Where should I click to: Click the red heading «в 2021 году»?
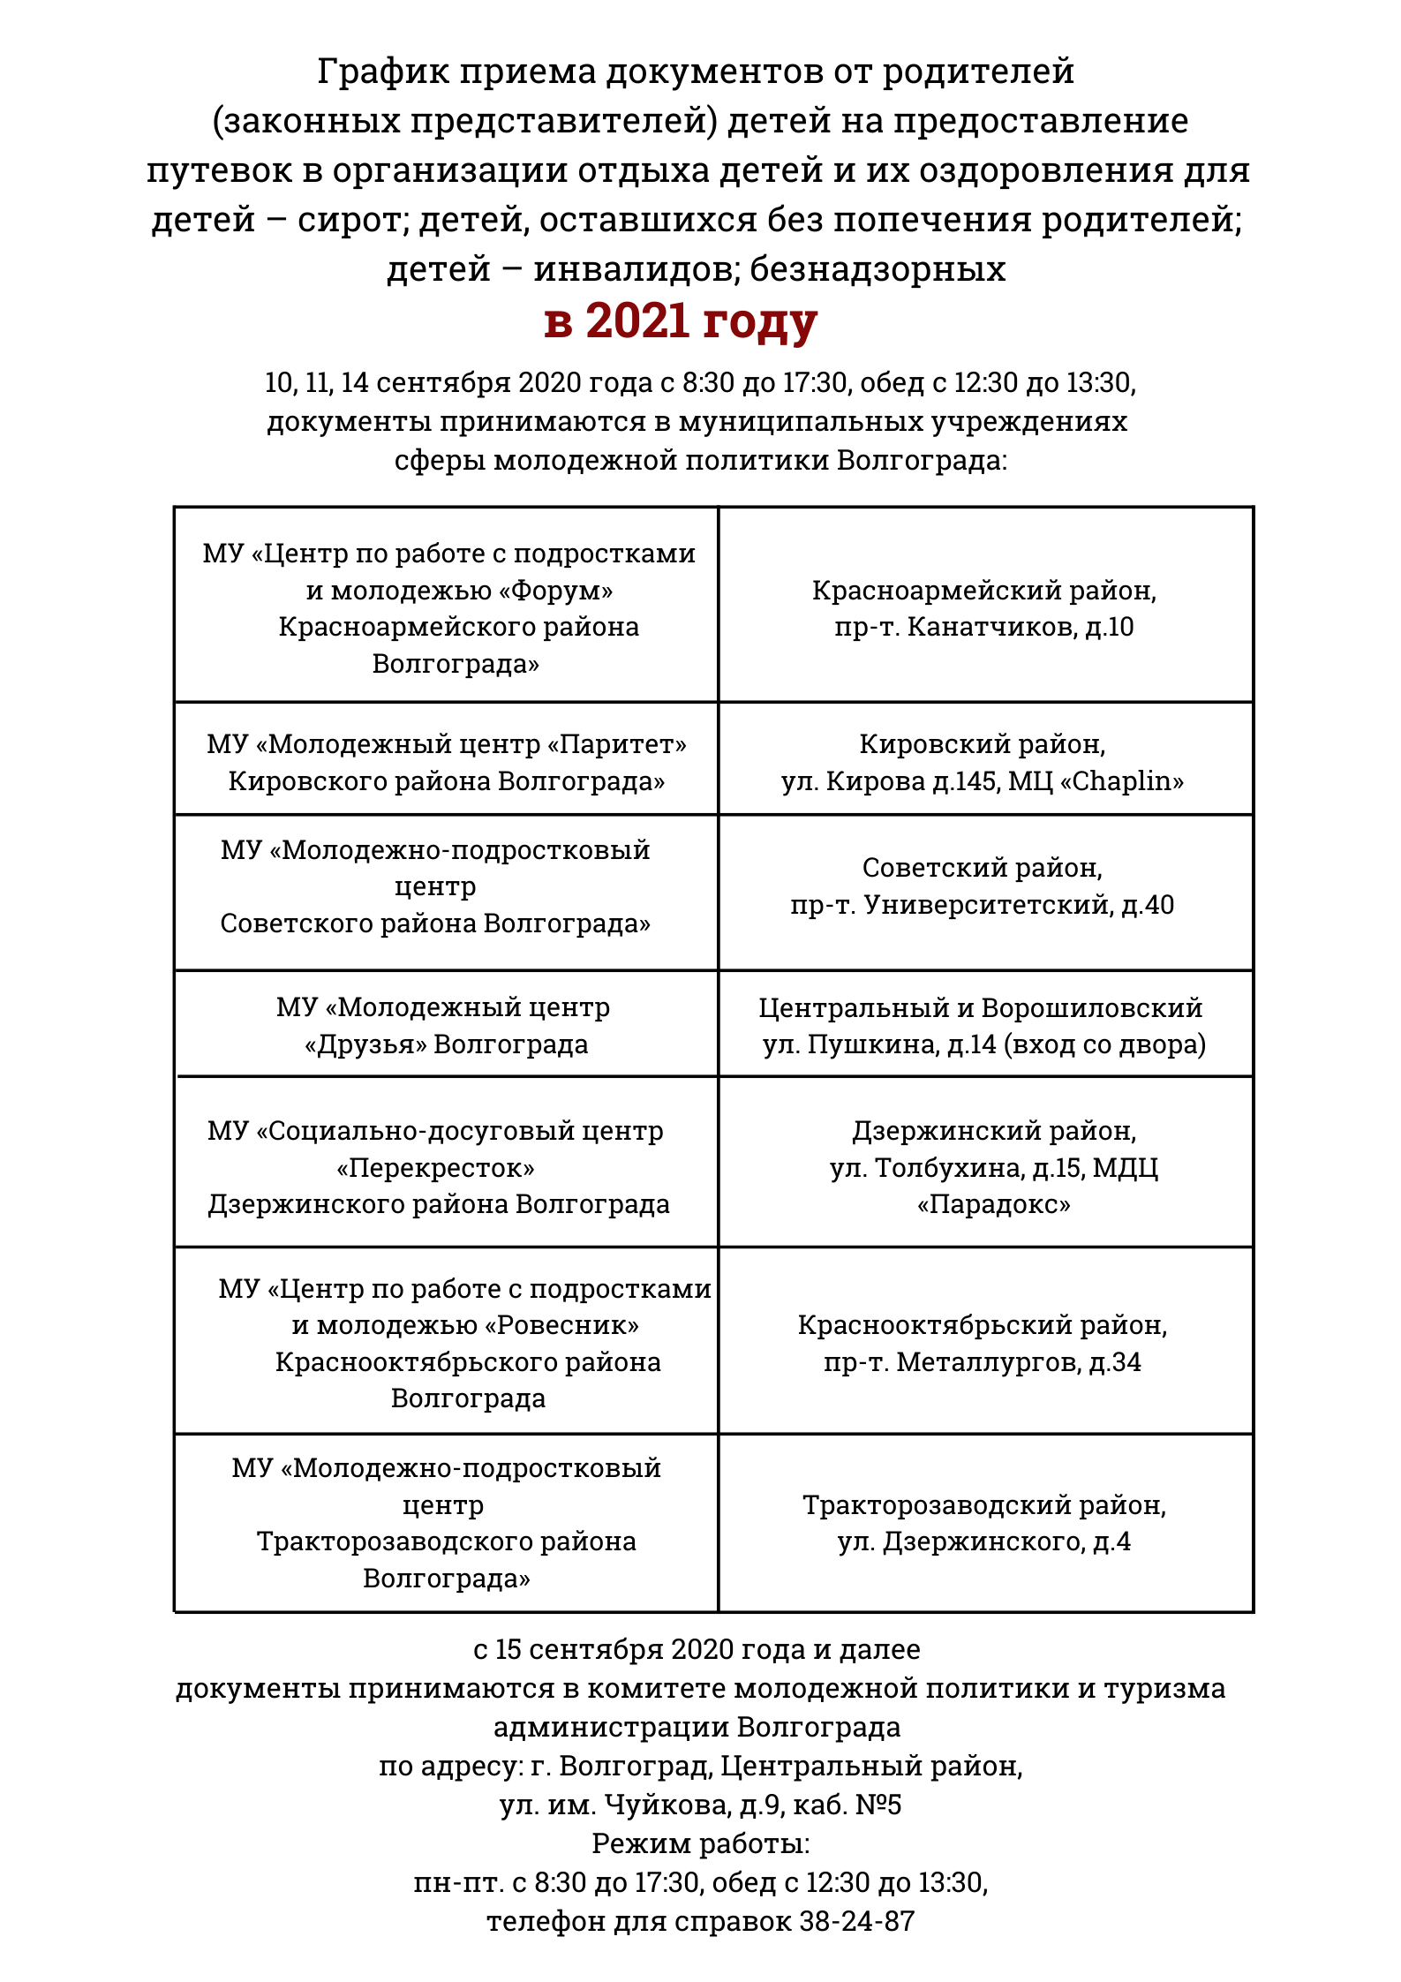[681, 320]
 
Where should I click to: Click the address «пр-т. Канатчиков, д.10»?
[983, 627]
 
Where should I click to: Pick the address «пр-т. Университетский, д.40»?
[982, 905]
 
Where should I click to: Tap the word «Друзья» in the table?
[365, 1044]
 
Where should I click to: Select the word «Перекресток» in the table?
[435, 1168]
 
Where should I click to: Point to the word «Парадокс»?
[993, 1204]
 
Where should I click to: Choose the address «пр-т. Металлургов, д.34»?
[982, 1362]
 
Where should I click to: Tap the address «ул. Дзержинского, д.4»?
[983, 1541]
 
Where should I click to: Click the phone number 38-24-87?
[856, 1921]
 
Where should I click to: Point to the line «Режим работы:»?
[700, 1843]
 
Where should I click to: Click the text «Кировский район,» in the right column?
[982, 744]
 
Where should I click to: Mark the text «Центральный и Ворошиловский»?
[980, 1007]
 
